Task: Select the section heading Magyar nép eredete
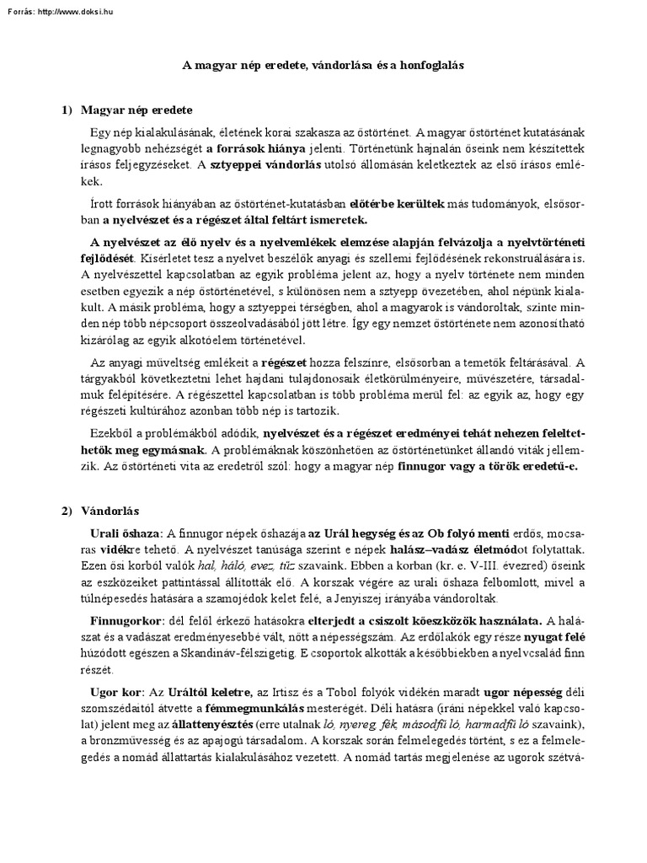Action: [137, 110]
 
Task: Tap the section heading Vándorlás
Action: [110, 511]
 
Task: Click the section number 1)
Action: [67, 110]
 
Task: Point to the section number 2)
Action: [67, 511]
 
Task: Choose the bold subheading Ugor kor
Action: [116, 691]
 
